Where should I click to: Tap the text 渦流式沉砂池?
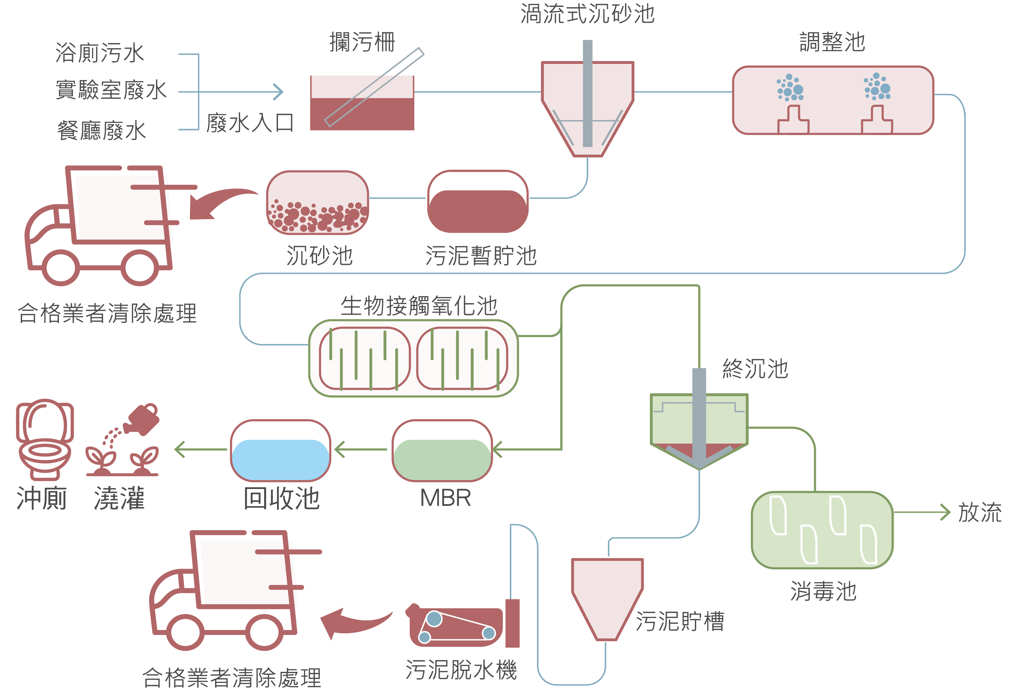coord(587,14)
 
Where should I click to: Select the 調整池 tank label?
coord(832,43)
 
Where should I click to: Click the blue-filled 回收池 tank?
coord(280,451)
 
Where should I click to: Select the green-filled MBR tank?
coord(442,451)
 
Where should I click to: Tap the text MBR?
coord(445,498)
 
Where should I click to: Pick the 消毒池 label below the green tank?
coord(823,591)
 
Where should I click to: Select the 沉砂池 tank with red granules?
coord(317,203)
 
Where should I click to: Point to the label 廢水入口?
coord(250,123)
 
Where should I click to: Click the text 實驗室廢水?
coord(111,90)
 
